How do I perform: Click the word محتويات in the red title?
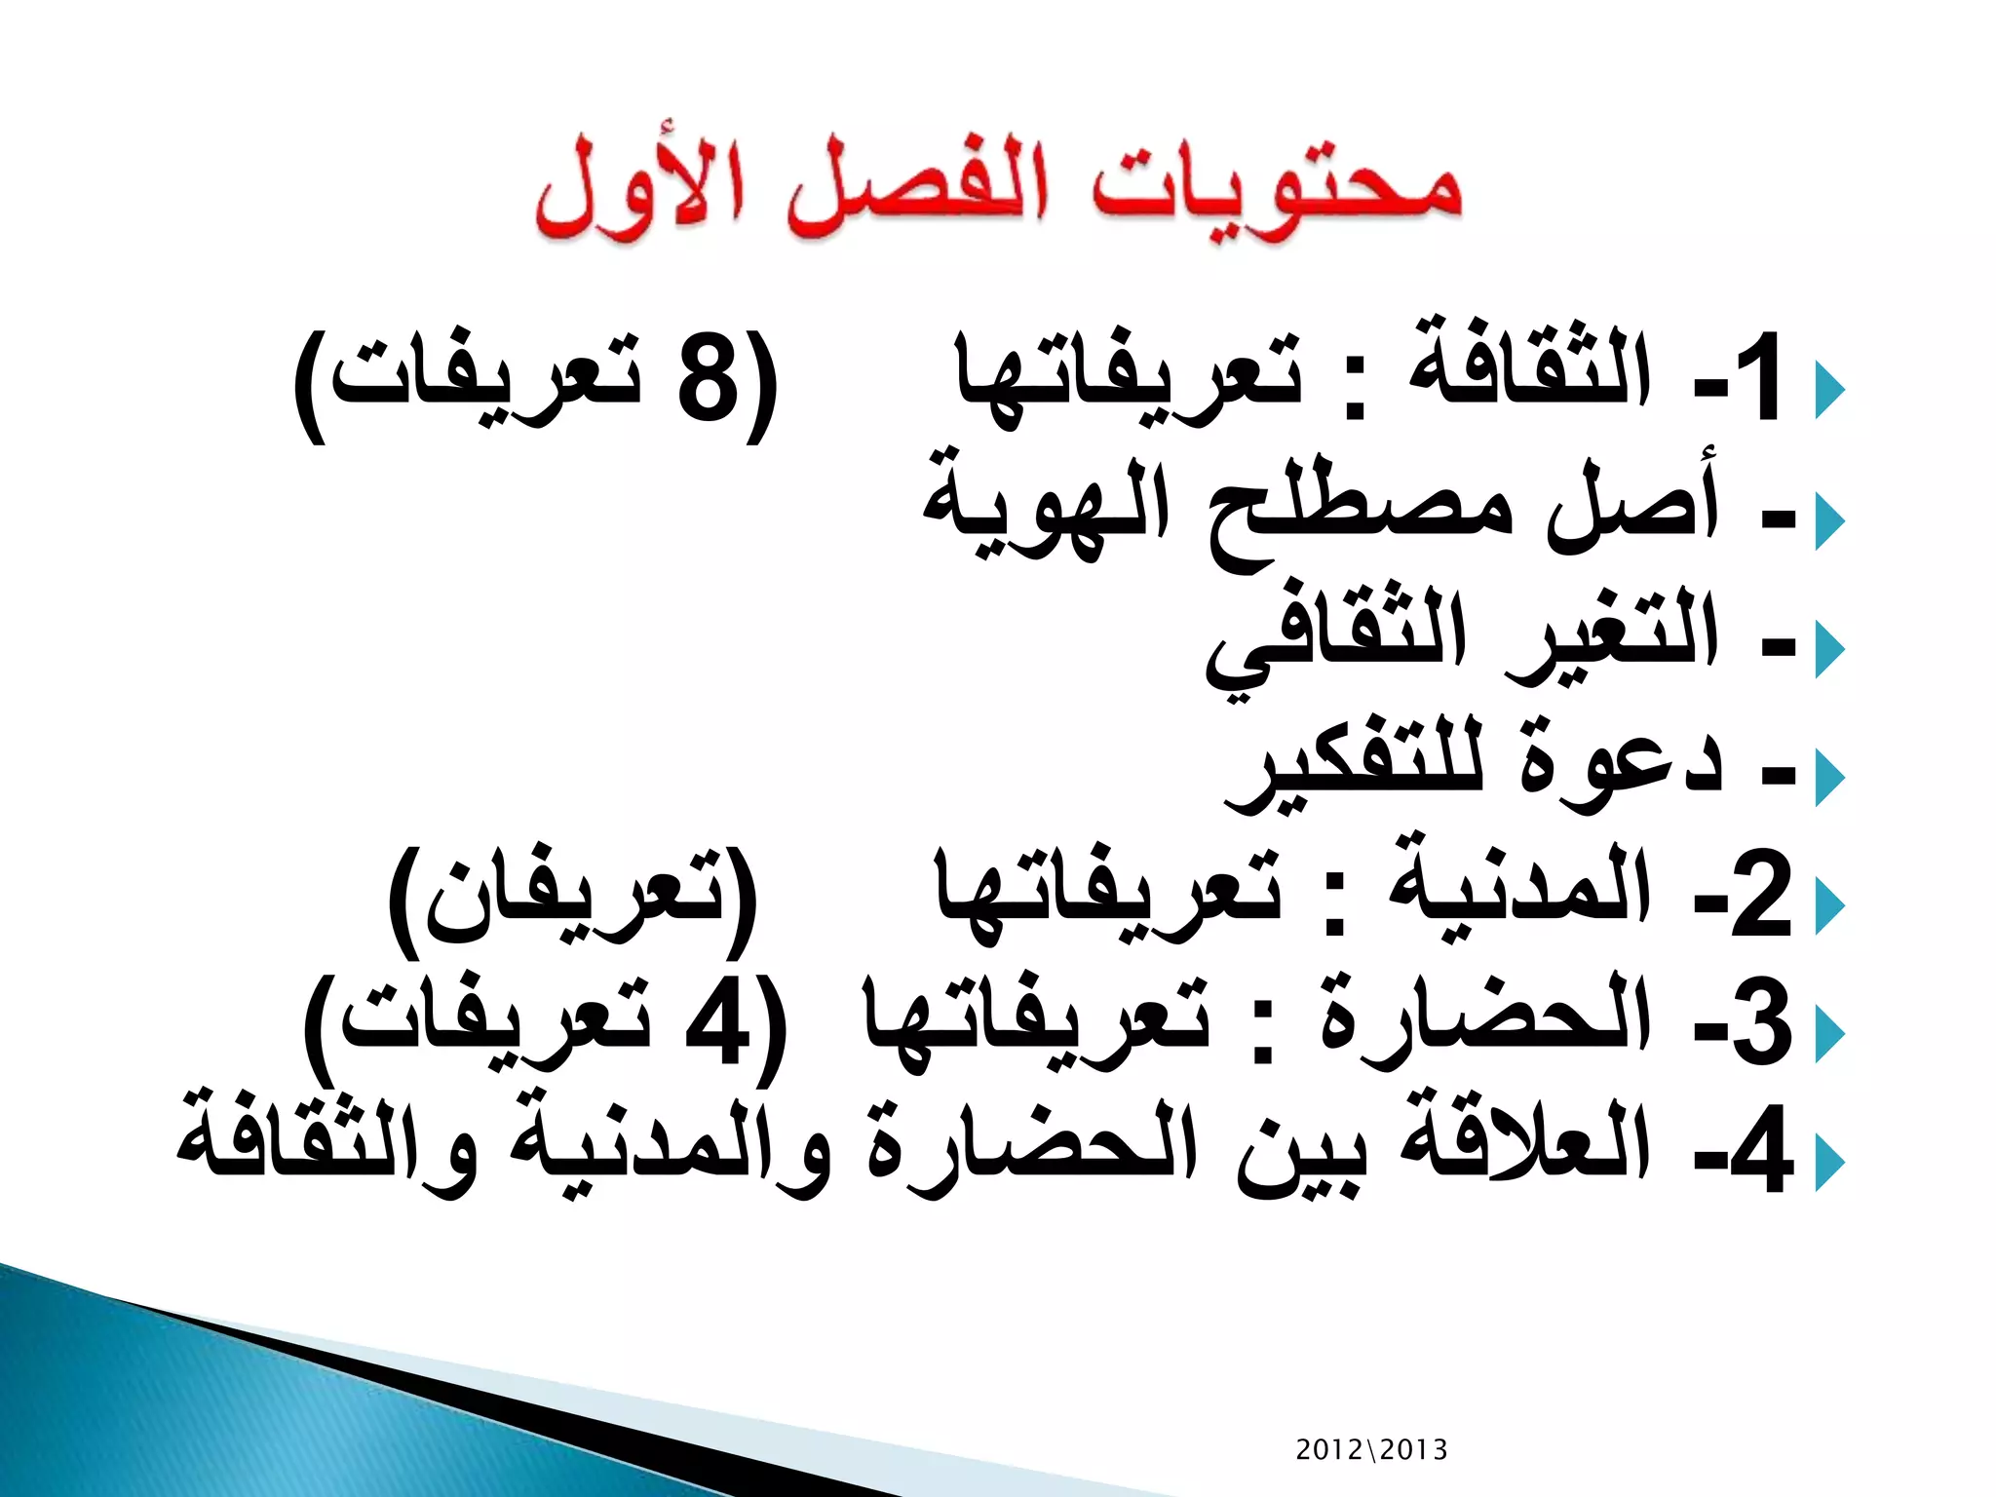[1277, 190]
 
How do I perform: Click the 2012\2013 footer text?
[1370, 1449]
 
